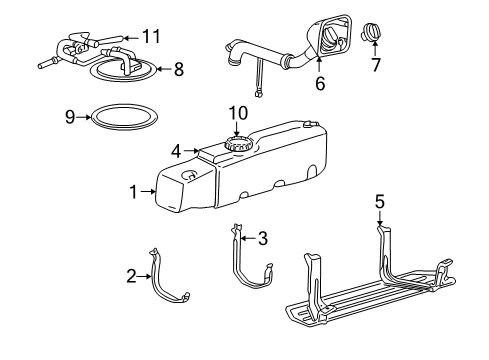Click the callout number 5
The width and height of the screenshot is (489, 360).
point(379,201)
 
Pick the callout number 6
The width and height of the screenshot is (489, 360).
point(320,85)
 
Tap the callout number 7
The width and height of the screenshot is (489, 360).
point(375,66)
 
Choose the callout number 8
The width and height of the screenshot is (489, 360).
point(179,69)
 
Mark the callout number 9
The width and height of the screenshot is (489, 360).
point(69,116)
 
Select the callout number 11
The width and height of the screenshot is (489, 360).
point(151,36)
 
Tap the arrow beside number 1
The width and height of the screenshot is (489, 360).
point(147,191)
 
